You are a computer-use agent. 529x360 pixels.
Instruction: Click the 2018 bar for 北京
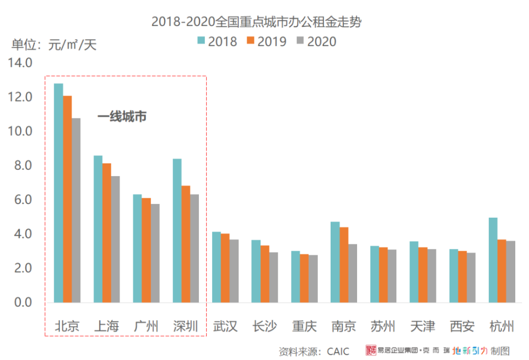pos(58,193)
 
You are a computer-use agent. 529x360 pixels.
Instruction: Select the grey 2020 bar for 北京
pos(76,210)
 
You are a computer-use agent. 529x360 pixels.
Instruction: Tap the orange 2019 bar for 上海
pos(107,233)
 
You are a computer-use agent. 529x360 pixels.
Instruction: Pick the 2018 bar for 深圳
pos(177,230)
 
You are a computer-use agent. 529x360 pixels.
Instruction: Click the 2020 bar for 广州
pos(155,253)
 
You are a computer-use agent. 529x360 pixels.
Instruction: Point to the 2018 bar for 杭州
pos(493,260)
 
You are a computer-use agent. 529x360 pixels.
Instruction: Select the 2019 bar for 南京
pos(344,265)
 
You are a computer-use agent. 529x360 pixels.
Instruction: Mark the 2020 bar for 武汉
pos(234,271)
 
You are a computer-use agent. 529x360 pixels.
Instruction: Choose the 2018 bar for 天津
pos(414,272)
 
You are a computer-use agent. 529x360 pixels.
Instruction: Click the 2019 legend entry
pos(267,41)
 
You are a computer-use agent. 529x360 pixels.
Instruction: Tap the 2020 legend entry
pos(316,41)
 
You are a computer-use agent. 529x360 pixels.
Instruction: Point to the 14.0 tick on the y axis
pos(20,63)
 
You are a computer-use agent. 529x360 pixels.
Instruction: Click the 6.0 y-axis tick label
pos(23,199)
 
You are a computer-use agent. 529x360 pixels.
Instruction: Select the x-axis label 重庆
pos(304,326)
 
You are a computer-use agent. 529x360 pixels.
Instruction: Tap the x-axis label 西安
pos(462,326)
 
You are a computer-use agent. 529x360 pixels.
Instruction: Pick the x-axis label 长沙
pos(265,326)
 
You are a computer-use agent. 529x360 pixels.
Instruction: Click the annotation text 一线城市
pos(122,117)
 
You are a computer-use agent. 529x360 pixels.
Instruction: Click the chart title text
pos(257,22)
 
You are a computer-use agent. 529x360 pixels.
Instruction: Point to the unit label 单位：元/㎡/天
pos(54,44)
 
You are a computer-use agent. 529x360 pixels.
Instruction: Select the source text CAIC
pos(338,352)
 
